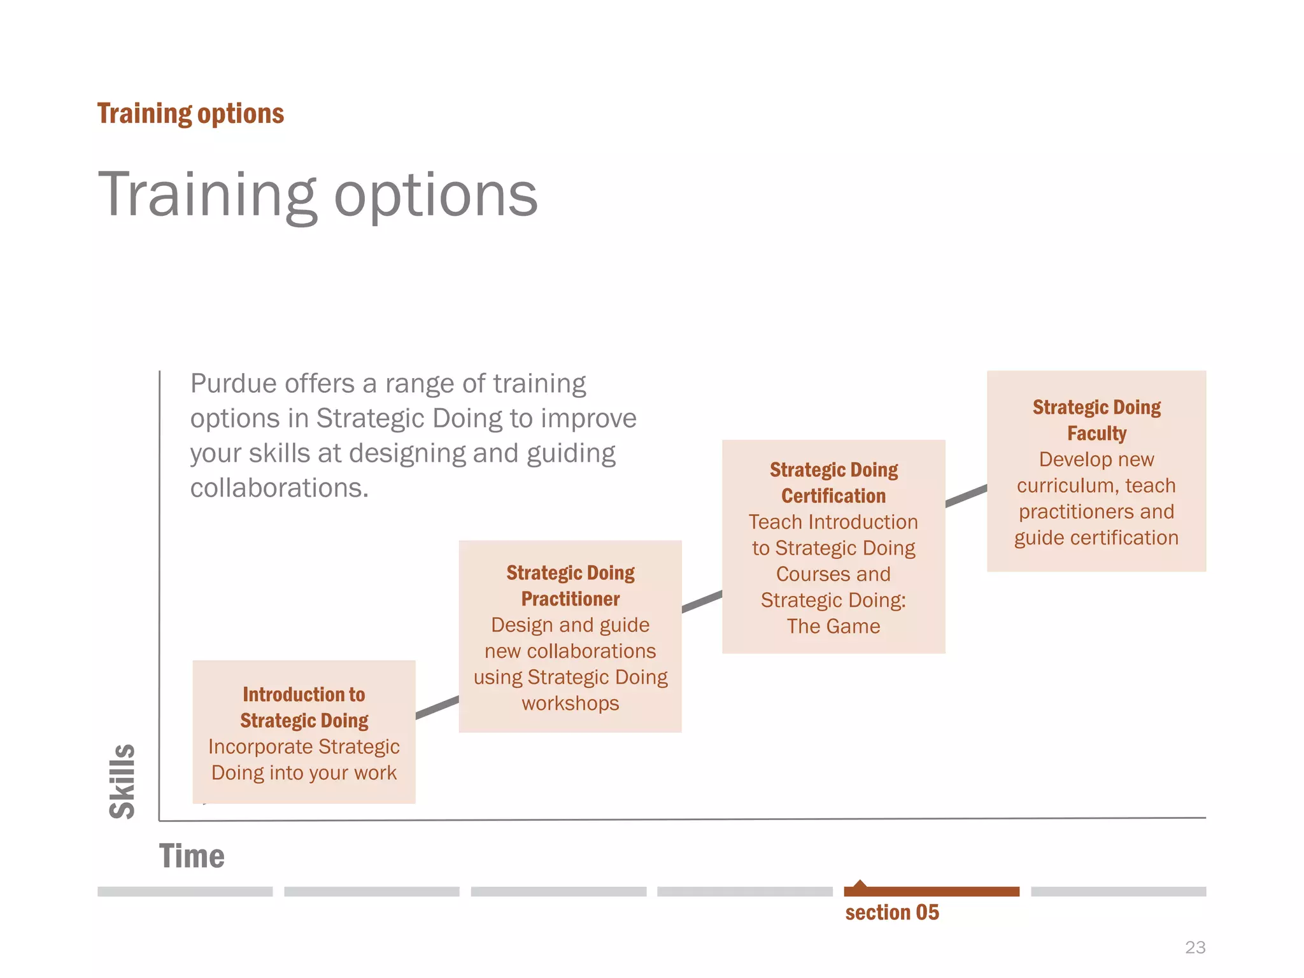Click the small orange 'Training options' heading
coord(190,114)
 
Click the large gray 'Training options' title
coord(318,195)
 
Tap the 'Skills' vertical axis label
coord(122,781)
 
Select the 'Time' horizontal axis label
coord(192,856)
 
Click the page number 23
coord(1195,947)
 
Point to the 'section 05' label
coord(892,912)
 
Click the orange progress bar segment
coord(932,891)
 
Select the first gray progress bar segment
coord(185,891)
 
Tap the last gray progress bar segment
coord(1118,891)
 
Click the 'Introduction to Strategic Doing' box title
coord(304,707)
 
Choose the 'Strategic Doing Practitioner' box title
coord(570,586)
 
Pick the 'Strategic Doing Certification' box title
coord(833,483)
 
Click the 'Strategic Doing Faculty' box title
coord(1096,420)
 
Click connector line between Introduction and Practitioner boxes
coord(437,707)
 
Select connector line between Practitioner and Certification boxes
coord(702,601)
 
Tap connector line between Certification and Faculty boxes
coord(966,495)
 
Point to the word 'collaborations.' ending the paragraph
coord(280,488)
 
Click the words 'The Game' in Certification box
coord(833,627)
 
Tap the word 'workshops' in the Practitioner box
coord(570,704)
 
